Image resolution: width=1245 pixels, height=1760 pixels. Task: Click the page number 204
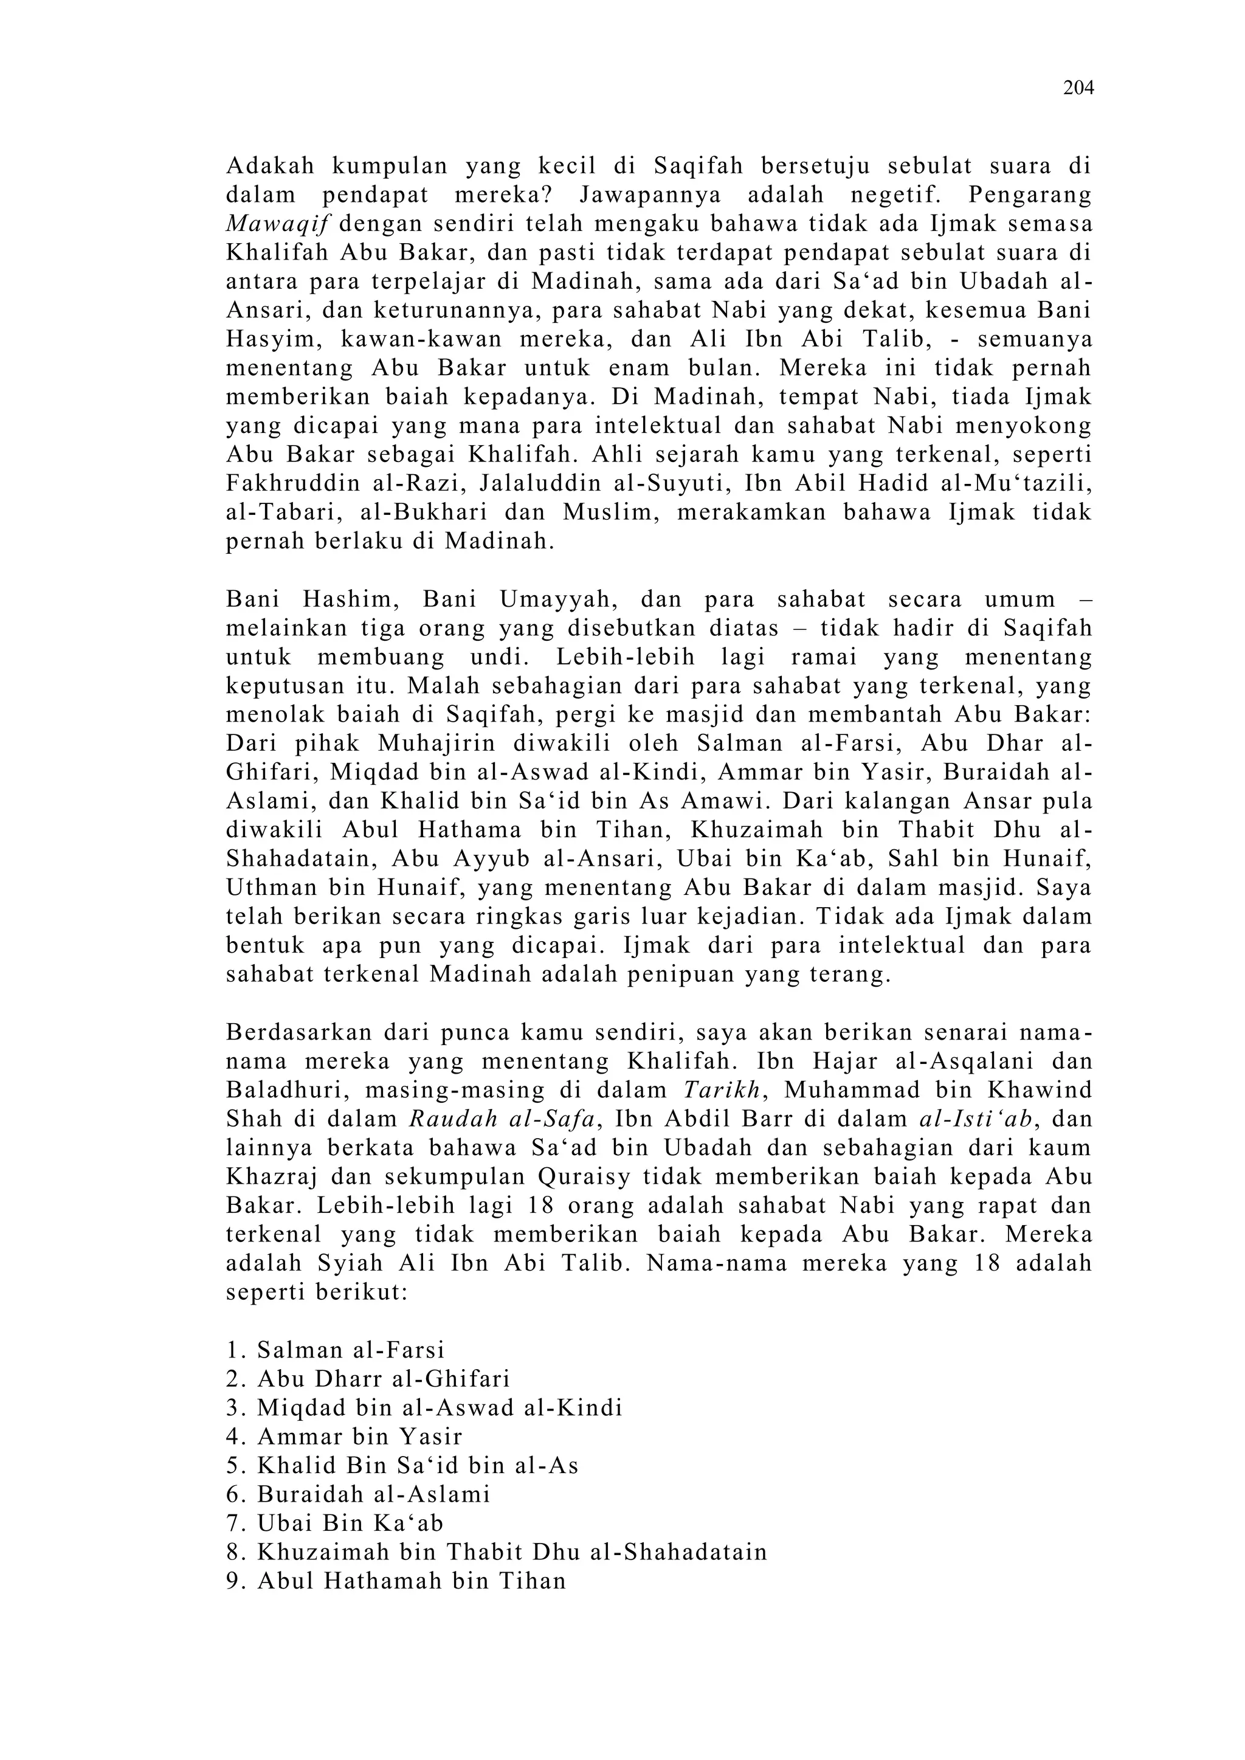[x=1078, y=88]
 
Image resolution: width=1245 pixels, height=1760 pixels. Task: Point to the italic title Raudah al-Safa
[x=502, y=1120]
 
